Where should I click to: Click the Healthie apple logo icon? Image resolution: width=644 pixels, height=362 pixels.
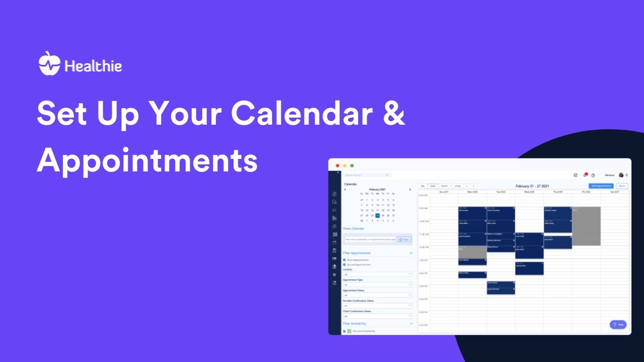tap(49, 63)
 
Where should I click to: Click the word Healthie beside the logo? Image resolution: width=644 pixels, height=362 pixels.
tap(93, 66)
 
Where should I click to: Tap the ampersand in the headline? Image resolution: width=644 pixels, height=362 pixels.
tap(391, 114)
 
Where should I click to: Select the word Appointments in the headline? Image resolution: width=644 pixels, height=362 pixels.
tap(147, 161)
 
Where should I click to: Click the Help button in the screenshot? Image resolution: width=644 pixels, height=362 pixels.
tap(618, 325)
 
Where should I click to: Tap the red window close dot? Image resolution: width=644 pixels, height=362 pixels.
tap(338, 165)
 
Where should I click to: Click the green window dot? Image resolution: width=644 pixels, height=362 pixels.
tap(352, 165)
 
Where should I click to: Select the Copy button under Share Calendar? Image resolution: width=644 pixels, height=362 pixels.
tap(404, 240)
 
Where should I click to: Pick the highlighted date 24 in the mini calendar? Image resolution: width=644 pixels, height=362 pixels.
tap(377, 215)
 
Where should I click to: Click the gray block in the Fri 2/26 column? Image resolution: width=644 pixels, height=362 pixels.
tap(586, 226)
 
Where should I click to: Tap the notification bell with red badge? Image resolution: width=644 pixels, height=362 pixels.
tap(585, 175)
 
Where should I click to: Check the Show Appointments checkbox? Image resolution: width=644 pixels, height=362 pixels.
tap(344, 260)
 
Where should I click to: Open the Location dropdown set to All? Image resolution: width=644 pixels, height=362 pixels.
tap(377, 275)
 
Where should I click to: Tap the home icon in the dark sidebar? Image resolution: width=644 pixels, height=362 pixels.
tap(335, 194)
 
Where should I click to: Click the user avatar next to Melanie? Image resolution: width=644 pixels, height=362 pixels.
tap(621, 175)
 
